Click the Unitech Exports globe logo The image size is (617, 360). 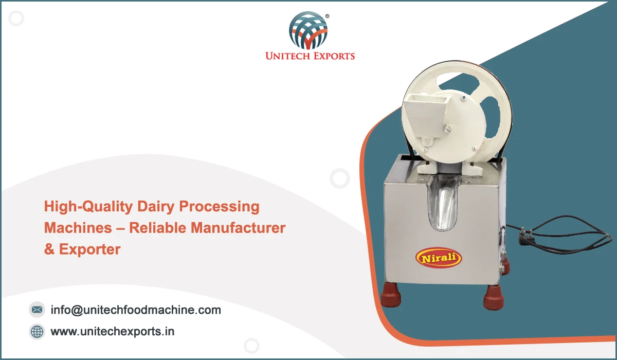(308, 30)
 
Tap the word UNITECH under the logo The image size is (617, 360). (287, 56)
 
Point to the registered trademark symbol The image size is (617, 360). (327, 16)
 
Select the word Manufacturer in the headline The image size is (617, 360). (238, 228)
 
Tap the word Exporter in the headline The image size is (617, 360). (90, 249)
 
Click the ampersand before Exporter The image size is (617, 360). (49, 249)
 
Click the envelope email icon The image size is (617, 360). (37, 310)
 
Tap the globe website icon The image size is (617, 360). (37, 331)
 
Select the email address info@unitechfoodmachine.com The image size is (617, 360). (136, 310)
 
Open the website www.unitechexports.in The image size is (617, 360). (113, 332)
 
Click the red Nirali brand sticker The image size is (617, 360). (439, 258)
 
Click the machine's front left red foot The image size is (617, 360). (391, 296)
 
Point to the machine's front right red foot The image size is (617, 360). (494, 297)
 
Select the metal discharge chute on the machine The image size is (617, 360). (443, 203)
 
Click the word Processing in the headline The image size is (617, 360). (219, 207)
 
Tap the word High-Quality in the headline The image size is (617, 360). (88, 207)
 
